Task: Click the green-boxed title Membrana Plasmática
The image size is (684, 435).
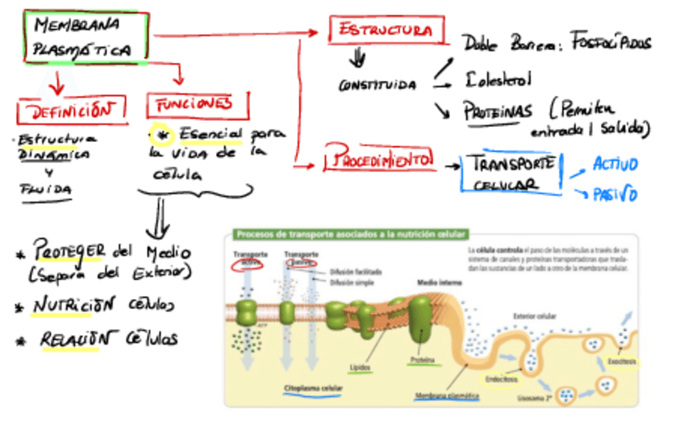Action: pyautogui.click(x=85, y=36)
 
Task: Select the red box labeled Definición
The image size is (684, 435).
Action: pyautogui.click(x=73, y=111)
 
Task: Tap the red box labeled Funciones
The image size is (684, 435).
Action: pyautogui.click(x=197, y=105)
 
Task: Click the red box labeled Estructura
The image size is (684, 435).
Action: pyautogui.click(x=386, y=31)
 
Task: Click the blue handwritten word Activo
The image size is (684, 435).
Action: pyautogui.click(x=615, y=165)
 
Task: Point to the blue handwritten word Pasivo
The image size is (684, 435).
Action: pyautogui.click(x=615, y=194)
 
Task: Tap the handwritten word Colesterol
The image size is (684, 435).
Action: pyautogui.click(x=498, y=79)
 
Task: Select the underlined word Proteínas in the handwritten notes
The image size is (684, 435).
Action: pyautogui.click(x=498, y=111)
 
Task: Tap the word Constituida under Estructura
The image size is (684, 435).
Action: pyautogui.click(x=377, y=85)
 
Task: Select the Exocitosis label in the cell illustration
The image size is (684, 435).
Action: pyautogui.click(x=622, y=361)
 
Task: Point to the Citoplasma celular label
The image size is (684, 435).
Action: pyautogui.click(x=313, y=388)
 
